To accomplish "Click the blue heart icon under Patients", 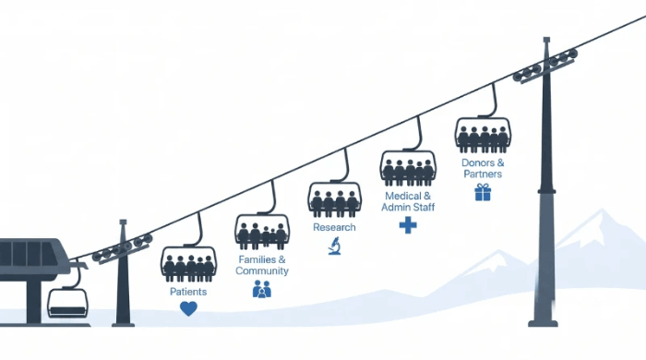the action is pyautogui.click(x=188, y=308).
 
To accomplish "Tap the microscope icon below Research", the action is pyautogui.click(x=334, y=246).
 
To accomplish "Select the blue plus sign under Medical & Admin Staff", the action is pyautogui.click(x=408, y=225).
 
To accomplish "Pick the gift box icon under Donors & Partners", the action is pyautogui.click(x=483, y=192).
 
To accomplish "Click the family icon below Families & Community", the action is pyautogui.click(x=262, y=289).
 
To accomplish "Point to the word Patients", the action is pyautogui.click(x=188, y=292).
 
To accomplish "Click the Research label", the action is pyautogui.click(x=334, y=227).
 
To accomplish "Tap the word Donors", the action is pyautogui.click(x=477, y=162).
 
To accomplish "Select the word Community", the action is pyautogui.click(x=262, y=271).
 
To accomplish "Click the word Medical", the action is pyautogui.click(x=401, y=196).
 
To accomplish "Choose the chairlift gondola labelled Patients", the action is pyautogui.click(x=188, y=264).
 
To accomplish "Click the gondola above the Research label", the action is pyautogui.click(x=334, y=199).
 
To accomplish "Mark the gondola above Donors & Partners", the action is pyautogui.click(x=483, y=135).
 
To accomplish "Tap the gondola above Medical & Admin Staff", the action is pyautogui.click(x=408, y=168).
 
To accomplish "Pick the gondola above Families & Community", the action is pyautogui.click(x=262, y=232).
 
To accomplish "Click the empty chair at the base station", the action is pyautogui.click(x=68, y=303).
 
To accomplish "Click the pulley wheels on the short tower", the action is pyautogui.click(x=123, y=248).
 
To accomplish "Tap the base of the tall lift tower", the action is pyautogui.click(x=543, y=323).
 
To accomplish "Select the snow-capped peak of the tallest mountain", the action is pyautogui.click(x=602, y=213).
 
